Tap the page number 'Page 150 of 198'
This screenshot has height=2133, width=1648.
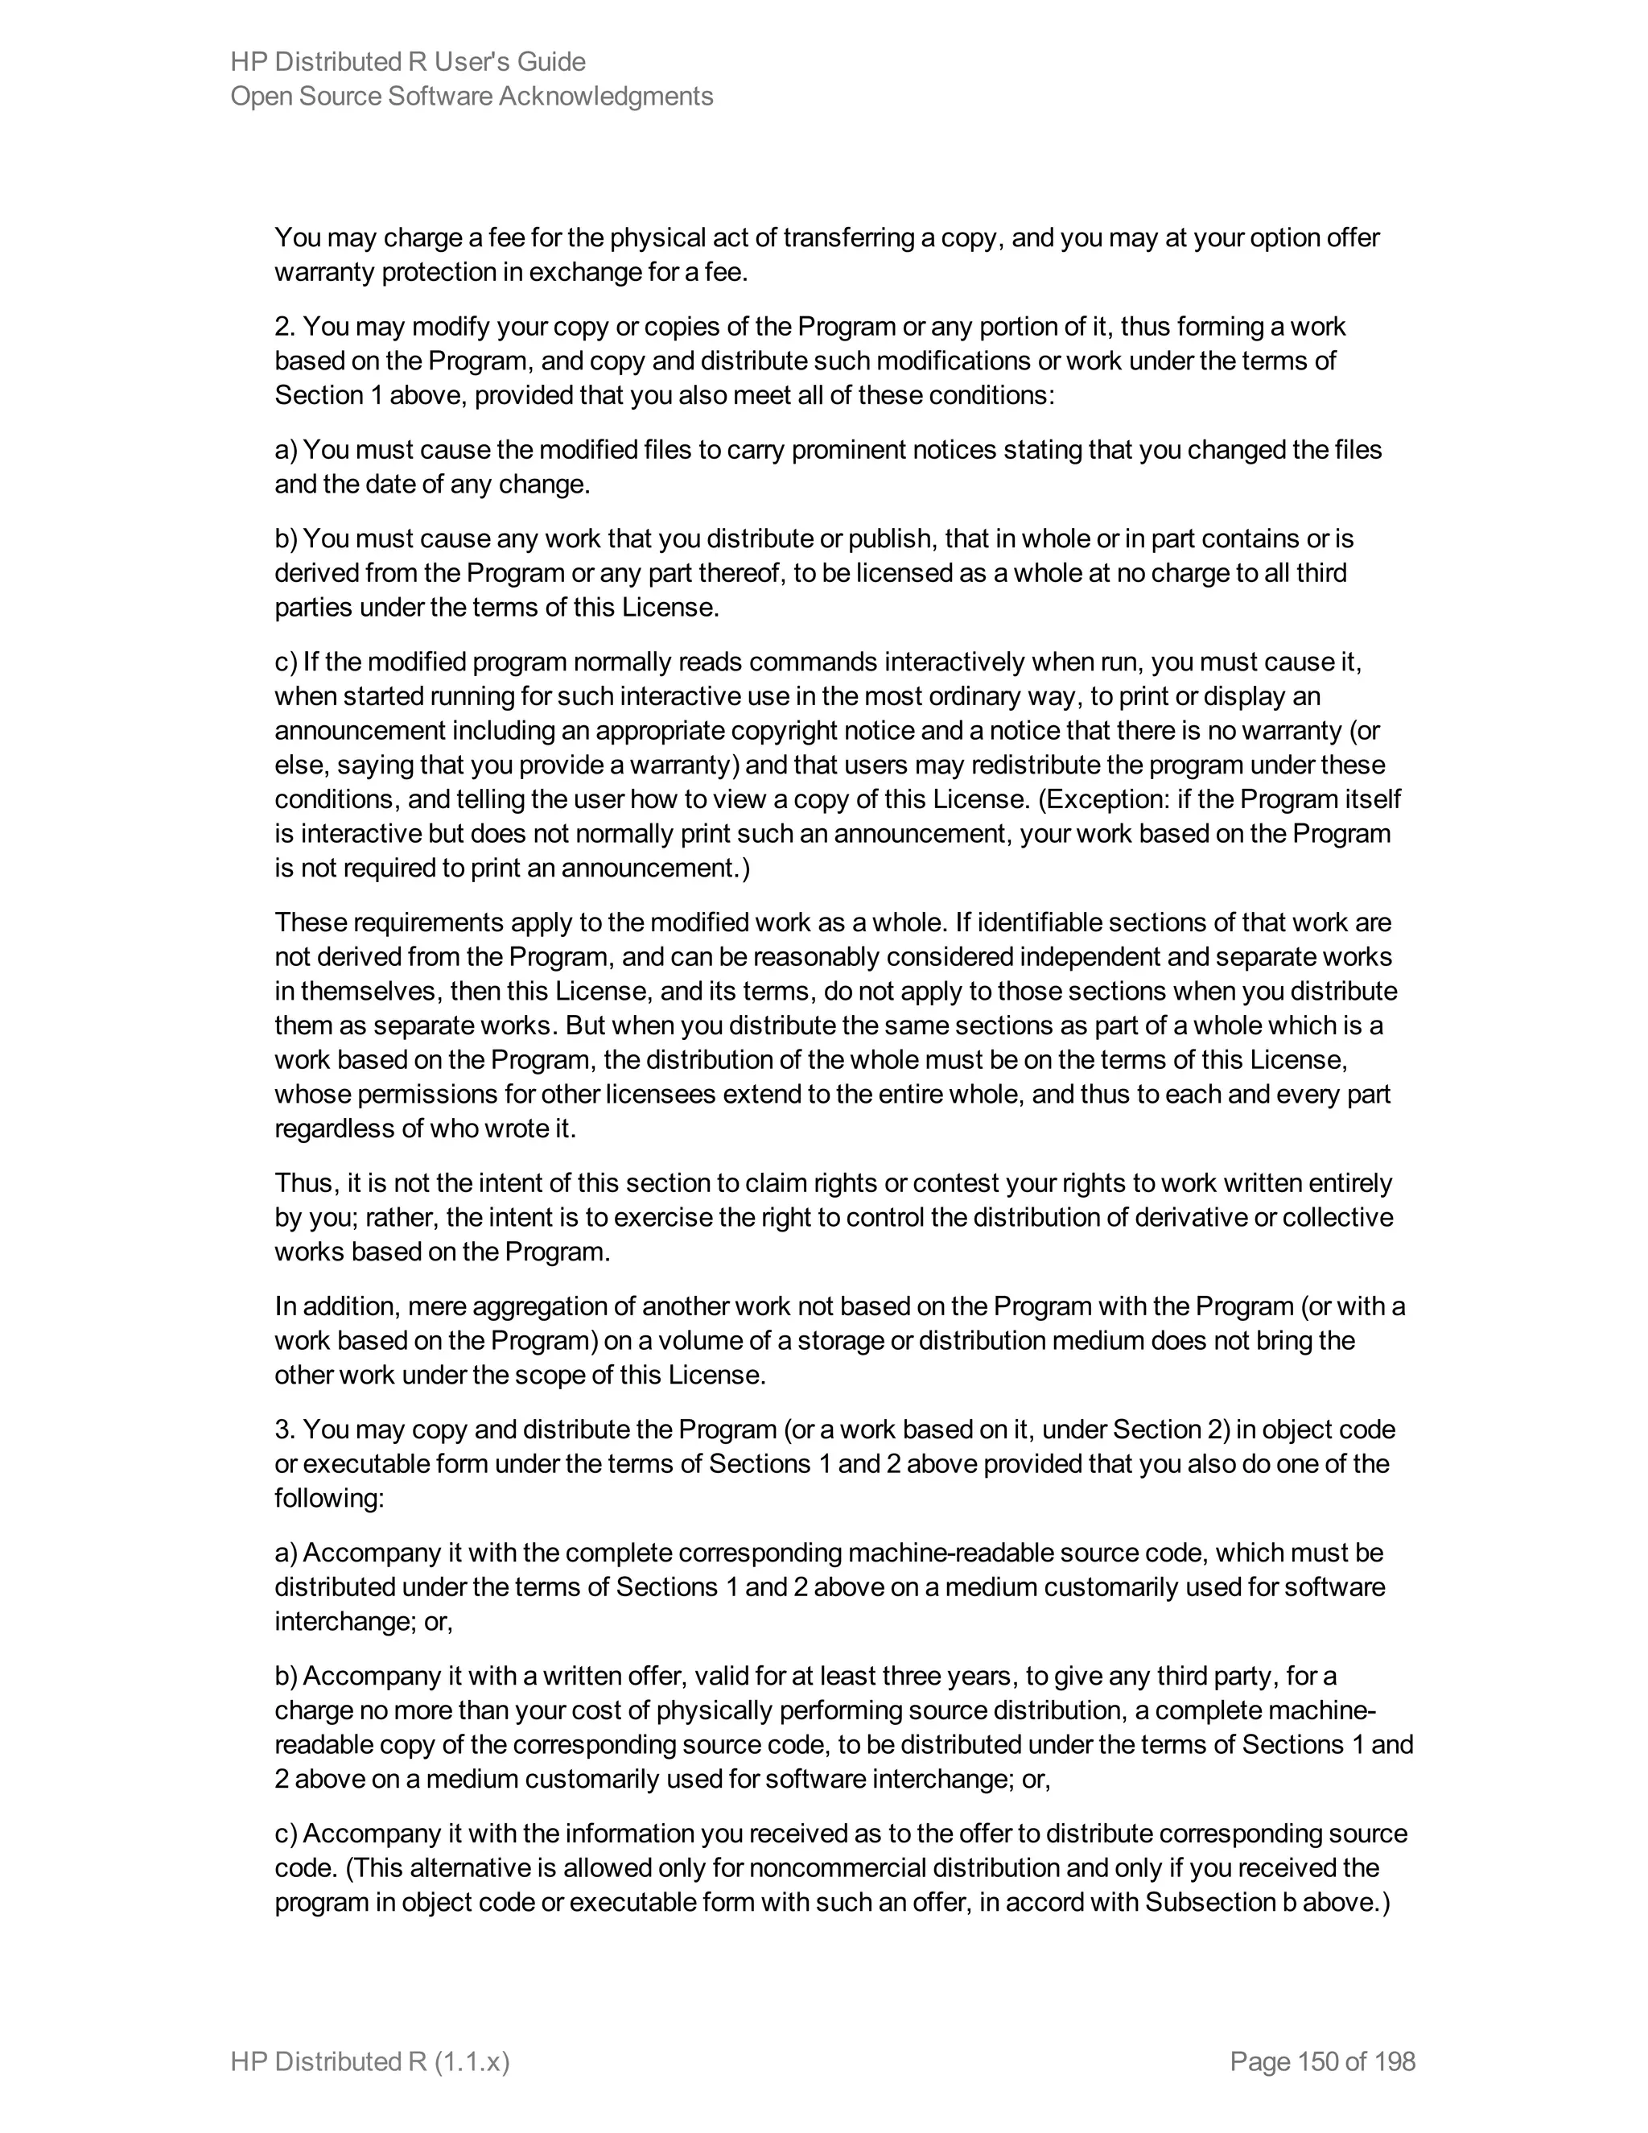(x=1322, y=2061)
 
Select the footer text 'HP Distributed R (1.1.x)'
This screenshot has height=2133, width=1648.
(x=370, y=2061)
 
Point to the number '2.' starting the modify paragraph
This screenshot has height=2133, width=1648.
(x=285, y=326)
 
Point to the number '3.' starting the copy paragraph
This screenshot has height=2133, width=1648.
(x=285, y=1430)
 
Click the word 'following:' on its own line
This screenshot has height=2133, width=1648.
(x=329, y=1498)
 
